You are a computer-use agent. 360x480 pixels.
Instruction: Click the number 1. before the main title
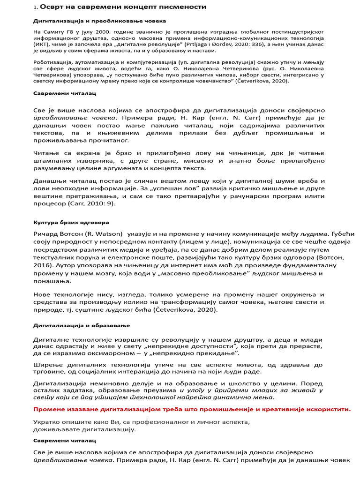[35, 7]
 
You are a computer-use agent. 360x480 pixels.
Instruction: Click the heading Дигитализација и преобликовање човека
[99, 21]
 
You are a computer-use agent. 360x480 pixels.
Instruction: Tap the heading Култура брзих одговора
[71, 222]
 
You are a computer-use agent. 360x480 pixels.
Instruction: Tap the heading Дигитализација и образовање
[82, 325]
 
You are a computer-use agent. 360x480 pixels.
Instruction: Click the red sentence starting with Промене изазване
[191, 409]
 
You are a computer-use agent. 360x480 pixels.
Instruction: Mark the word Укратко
[47, 422]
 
